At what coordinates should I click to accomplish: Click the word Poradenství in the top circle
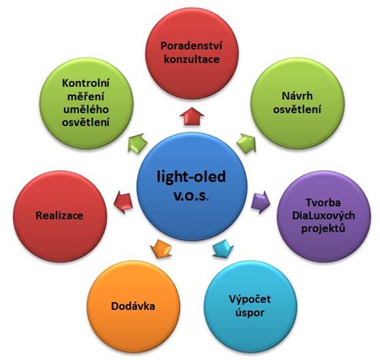pyautogui.click(x=191, y=46)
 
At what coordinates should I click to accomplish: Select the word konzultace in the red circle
pyautogui.click(x=192, y=59)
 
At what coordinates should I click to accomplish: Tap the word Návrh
pyautogui.click(x=297, y=96)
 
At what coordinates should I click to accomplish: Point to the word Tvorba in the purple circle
pyautogui.click(x=323, y=202)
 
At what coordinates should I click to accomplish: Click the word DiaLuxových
pyautogui.click(x=324, y=216)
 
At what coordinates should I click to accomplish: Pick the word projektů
pyautogui.click(x=323, y=229)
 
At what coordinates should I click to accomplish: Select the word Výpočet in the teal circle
pyautogui.click(x=249, y=299)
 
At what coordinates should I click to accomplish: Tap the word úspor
pyautogui.click(x=249, y=312)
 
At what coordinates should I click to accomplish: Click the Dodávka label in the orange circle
pyautogui.click(x=133, y=306)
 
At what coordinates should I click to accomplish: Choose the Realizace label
pyautogui.click(x=59, y=216)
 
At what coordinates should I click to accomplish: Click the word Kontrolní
pyautogui.click(x=86, y=83)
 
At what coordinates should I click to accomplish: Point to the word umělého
pyautogui.click(x=86, y=110)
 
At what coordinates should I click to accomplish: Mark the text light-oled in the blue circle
pyautogui.click(x=192, y=177)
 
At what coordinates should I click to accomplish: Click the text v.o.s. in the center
pyautogui.click(x=191, y=197)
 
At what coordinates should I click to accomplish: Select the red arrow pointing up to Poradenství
pyautogui.click(x=192, y=116)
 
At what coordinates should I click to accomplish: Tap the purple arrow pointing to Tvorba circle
pyautogui.click(x=260, y=202)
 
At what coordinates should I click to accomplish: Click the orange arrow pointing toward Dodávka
pyautogui.click(x=160, y=249)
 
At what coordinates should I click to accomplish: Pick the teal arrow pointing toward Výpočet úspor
pyautogui.click(x=223, y=249)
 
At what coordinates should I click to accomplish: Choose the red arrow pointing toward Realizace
pyautogui.click(x=123, y=202)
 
